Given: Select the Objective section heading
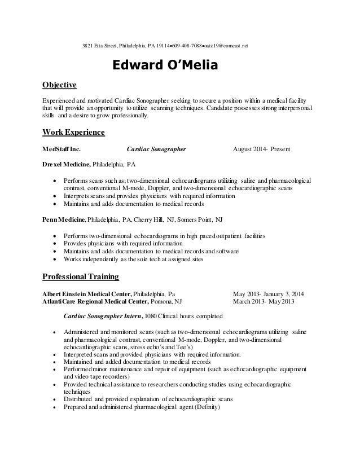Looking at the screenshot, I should coord(59,86).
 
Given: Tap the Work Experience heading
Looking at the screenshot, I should coord(74,133).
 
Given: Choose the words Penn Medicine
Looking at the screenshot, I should coord(64,218).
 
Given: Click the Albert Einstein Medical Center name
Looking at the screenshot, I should coord(87,294).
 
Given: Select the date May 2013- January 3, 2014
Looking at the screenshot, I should coord(268,294).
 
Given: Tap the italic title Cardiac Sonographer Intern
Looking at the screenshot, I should coord(103,316).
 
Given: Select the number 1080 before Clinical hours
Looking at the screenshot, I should coord(152,316).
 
